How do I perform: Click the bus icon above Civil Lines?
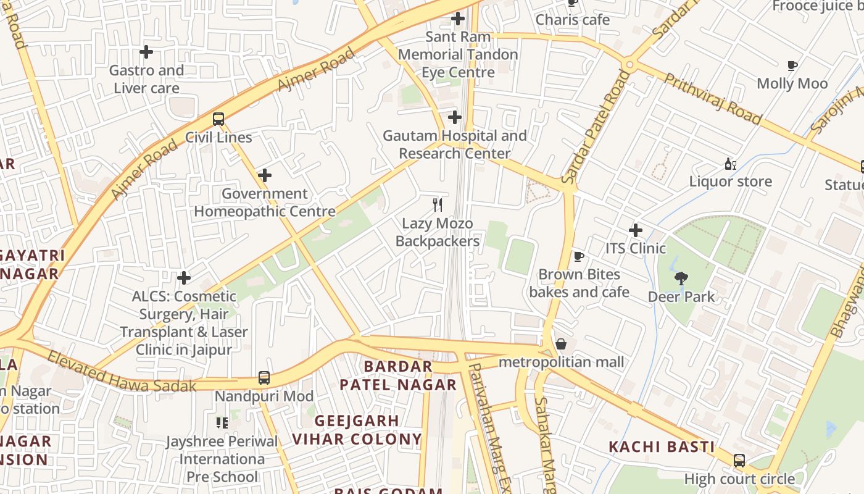(218, 119)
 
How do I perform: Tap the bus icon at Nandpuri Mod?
(264, 377)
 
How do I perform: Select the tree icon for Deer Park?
(681, 278)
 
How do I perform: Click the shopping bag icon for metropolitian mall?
(561, 344)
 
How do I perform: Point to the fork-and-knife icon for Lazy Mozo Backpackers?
(438, 205)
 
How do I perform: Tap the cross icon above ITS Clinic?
(635, 230)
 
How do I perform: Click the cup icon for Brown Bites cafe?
(578, 256)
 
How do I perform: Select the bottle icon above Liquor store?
(731, 164)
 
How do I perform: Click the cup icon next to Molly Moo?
(792, 65)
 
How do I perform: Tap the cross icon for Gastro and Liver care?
(146, 52)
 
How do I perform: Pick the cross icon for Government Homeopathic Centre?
(265, 175)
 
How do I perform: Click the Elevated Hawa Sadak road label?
(122, 373)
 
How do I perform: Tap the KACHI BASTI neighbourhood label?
(662, 446)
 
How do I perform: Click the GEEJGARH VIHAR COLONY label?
(357, 430)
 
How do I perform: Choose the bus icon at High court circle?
(739, 461)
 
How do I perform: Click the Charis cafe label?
(573, 20)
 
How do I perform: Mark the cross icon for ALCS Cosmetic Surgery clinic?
(184, 278)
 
